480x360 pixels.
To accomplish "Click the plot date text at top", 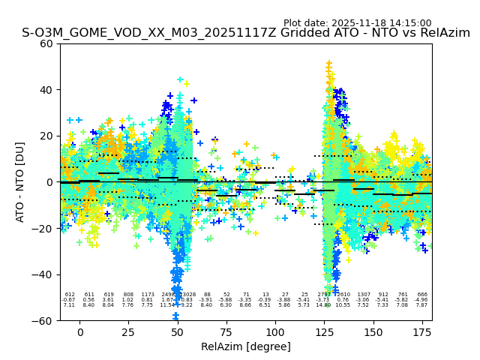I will [357, 23].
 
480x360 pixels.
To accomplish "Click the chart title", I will [245, 33].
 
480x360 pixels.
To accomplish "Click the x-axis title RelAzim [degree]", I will [245, 346].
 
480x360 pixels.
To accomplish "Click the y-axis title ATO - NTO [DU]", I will [20, 182].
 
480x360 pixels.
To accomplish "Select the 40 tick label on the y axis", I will [47, 90].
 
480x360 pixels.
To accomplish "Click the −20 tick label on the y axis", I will [43, 229].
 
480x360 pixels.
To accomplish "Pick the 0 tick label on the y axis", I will [50, 182].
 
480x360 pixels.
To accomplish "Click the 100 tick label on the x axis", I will [275, 332].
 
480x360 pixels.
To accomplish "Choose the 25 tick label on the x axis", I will [128, 332].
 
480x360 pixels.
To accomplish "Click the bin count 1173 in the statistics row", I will [148, 295].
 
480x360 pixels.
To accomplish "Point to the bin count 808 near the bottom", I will [128, 295].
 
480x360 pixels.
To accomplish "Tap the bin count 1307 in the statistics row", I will [364, 295].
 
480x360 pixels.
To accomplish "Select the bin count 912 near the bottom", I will [383, 295].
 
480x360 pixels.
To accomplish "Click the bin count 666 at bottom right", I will [422, 295].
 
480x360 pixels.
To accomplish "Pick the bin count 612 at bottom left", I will [70, 295].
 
